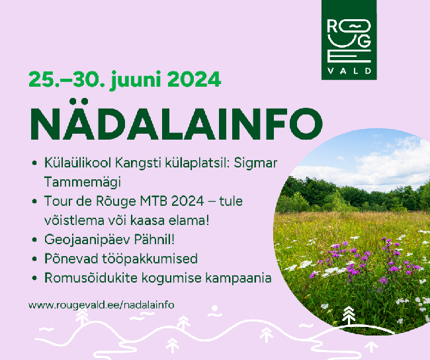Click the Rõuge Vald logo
349,40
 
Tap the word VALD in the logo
349,71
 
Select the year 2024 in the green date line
194,79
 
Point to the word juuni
136,80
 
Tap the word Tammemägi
82,182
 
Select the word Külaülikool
77,163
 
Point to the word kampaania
238,279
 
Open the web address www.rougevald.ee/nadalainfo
101,305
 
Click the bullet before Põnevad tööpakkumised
34,259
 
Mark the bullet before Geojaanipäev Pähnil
34,240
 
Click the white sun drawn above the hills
214,308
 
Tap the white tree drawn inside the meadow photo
348,316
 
